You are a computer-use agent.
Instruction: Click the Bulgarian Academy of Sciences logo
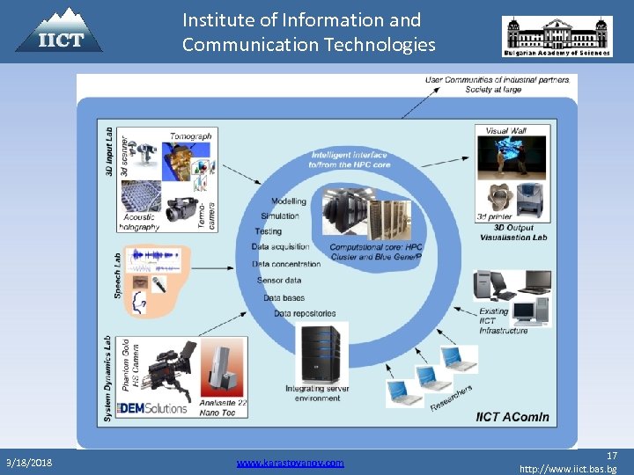click(557, 37)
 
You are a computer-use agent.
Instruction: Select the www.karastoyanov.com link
click(291, 463)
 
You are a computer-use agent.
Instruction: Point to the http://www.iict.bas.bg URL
click(568, 469)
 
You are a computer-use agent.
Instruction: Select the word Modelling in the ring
click(289, 201)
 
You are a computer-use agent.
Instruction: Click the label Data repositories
click(305, 313)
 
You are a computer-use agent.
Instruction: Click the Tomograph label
click(190, 136)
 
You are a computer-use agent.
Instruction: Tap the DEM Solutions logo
click(153, 408)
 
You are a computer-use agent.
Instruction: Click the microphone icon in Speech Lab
click(158, 283)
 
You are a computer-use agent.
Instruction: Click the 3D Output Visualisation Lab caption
click(513, 232)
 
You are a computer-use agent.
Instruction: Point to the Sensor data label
click(279, 280)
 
